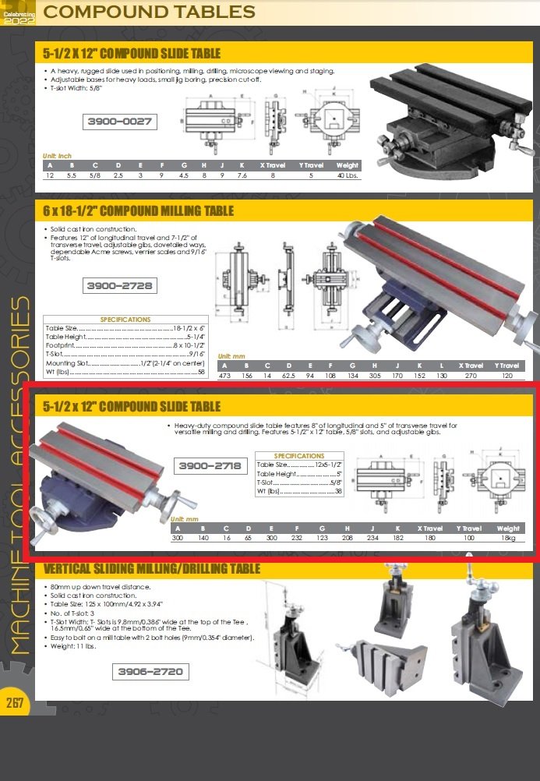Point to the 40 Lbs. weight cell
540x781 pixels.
coord(347,175)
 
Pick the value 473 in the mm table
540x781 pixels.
coord(225,375)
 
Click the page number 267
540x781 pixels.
coord(16,703)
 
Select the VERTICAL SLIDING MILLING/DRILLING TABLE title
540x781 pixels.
coord(152,569)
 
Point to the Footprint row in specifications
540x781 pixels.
coord(125,345)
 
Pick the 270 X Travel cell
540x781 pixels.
coord(471,375)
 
